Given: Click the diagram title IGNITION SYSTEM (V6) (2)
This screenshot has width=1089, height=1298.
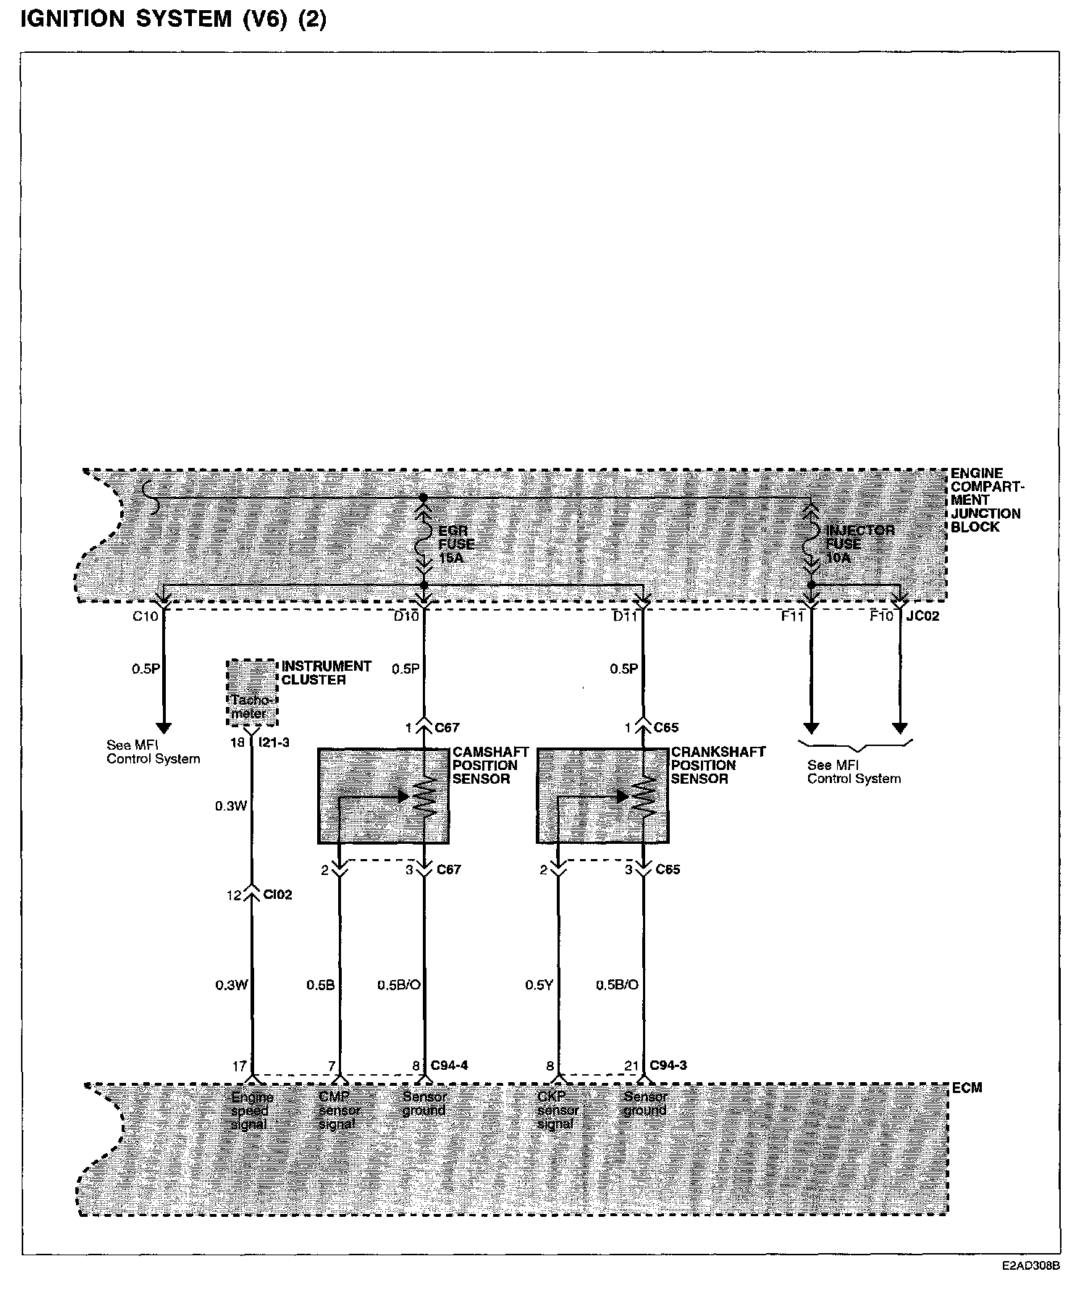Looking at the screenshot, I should click(x=174, y=20).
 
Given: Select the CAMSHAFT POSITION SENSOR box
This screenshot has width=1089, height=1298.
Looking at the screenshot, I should click(x=384, y=795).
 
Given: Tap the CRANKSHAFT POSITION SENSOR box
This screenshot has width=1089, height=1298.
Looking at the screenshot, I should click(x=602, y=795).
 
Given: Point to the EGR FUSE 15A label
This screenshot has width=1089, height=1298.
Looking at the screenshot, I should click(x=456, y=544).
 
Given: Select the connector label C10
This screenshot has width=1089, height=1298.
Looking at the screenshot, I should click(x=144, y=616).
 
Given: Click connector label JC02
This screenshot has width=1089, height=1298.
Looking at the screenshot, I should click(x=922, y=616).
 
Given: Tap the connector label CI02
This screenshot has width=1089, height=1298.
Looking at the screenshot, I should click(x=277, y=895).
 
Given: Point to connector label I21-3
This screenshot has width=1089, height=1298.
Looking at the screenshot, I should click(x=274, y=742).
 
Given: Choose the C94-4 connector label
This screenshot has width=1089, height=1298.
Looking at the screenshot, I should click(x=449, y=1065).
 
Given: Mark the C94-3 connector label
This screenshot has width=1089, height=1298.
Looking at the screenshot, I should click(x=668, y=1065).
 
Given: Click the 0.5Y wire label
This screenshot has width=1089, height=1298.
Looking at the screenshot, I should click(x=539, y=985).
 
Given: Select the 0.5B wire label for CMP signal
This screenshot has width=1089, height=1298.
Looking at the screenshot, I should click(x=320, y=985).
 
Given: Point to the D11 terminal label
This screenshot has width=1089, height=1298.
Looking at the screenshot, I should click(x=625, y=616).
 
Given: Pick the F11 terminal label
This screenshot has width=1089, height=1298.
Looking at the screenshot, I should click(x=792, y=616).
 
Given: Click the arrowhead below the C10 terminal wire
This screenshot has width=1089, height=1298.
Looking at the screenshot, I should click(x=164, y=727).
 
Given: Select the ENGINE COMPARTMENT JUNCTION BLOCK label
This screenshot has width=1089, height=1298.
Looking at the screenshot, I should click(x=985, y=500).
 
